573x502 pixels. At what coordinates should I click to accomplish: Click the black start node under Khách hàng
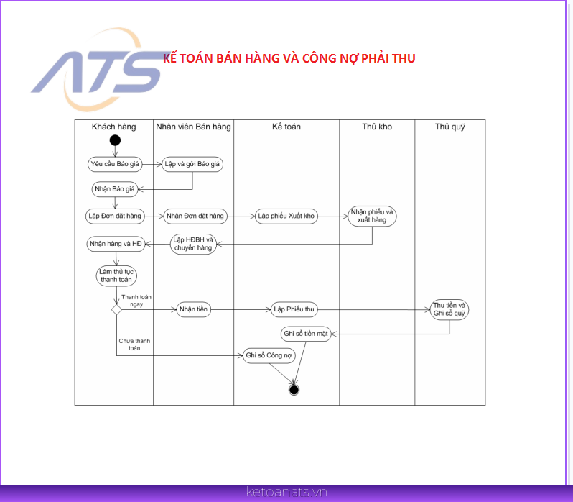pyautogui.click(x=115, y=140)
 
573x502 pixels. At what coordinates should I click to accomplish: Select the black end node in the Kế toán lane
pyautogui.click(x=294, y=390)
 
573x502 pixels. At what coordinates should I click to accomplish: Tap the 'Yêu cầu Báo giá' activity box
pyautogui.click(x=115, y=164)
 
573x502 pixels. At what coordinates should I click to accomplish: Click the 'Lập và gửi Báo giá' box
pyautogui.click(x=192, y=164)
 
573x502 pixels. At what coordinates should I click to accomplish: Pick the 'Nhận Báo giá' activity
pyautogui.click(x=115, y=189)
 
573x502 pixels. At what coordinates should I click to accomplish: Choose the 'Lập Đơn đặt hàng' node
pyautogui.click(x=115, y=216)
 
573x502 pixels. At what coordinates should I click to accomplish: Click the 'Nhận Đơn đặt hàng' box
pyautogui.click(x=195, y=216)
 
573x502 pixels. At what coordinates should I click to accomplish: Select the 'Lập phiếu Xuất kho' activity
pyautogui.click(x=286, y=216)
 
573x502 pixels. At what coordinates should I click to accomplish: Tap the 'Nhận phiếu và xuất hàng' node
pyautogui.click(x=372, y=216)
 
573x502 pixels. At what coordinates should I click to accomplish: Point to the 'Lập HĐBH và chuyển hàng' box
pyautogui.click(x=193, y=244)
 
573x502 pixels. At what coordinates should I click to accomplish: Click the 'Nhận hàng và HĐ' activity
pyautogui.click(x=116, y=244)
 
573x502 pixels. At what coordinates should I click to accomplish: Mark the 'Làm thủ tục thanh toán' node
pyautogui.click(x=116, y=276)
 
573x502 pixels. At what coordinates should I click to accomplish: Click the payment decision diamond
pyautogui.click(x=116, y=309)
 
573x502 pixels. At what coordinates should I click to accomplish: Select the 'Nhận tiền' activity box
pyautogui.click(x=193, y=309)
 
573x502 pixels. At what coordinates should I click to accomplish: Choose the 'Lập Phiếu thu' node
pyautogui.click(x=294, y=309)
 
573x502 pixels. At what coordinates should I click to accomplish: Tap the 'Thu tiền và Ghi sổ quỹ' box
pyautogui.click(x=449, y=309)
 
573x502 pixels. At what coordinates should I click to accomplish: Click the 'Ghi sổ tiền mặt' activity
pyautogui.click(x=306, y=334)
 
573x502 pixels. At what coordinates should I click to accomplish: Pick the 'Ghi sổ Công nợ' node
pyautogui.click(x=269, y=356)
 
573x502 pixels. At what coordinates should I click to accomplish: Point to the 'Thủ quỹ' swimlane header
pyautogui.click(x=449, y=127)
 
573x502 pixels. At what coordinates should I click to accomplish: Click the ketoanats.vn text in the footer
pyautogui.click(x=287, y=492)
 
